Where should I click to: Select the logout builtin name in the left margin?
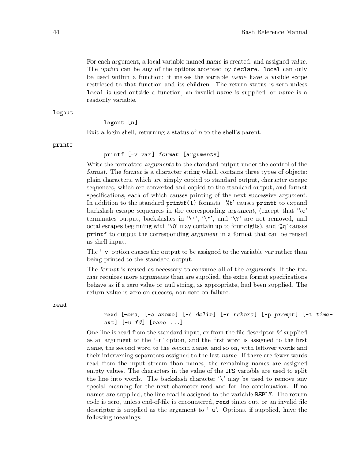[63, 113]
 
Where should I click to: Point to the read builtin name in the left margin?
[59, 304]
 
